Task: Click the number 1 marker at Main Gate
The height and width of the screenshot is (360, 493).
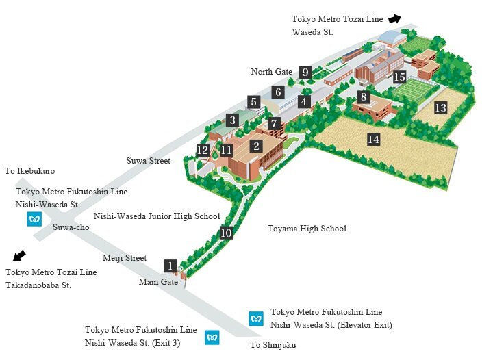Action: [x=170, y=266]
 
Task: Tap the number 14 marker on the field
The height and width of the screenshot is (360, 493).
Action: [x=373, y=140]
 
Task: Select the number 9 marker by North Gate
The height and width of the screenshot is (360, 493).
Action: [x=306, y=72]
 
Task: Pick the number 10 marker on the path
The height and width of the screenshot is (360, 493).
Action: [x=227, y=233]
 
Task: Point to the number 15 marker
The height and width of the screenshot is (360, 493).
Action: [x=400, y=77]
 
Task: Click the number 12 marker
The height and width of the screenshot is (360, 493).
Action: [x=203, y=150]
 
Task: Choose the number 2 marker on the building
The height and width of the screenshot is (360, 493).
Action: [x=256, y=146]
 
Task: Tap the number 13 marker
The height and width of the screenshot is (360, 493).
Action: [x=440, y=107]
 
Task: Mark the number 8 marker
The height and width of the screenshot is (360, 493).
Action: [x=364, y=97]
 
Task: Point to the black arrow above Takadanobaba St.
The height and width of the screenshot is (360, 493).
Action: [x=20, y=256]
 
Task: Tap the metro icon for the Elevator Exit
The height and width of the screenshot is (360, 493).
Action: [x=256, y=318]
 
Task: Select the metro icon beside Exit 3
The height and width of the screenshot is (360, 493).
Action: [x=212, y=337]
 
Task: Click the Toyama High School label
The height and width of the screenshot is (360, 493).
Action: [x=306, y=229]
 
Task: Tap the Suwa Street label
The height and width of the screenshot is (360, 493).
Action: [x=149, y=161]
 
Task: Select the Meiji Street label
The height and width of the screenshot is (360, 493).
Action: [x=125, y=258]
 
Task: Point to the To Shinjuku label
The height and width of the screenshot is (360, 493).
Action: [x=273, y=345]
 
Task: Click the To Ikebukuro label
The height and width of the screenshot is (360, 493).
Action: [x=29, y=171]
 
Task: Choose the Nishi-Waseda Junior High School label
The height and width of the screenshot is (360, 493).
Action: [x=157, y=216]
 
